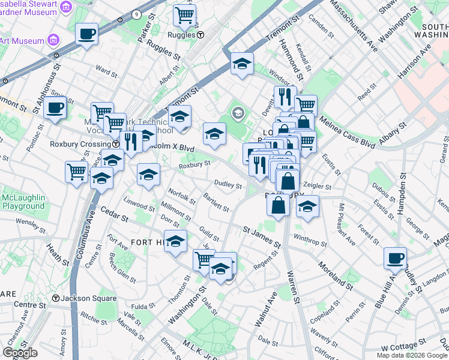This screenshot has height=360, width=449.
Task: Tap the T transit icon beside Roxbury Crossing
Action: tap(115, 145)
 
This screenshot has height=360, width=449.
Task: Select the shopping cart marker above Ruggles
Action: tap(184, 15)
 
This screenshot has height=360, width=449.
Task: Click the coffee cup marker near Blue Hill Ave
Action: tap(394, 259)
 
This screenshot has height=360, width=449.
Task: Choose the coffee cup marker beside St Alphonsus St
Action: tap(55, 108)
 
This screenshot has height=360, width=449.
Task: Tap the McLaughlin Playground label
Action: tap(23, 202)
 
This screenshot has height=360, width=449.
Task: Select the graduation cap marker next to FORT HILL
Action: tap(175, 242)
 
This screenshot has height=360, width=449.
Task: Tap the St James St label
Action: tap(262, 237)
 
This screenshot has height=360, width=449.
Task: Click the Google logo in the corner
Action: tap(20, 353)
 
